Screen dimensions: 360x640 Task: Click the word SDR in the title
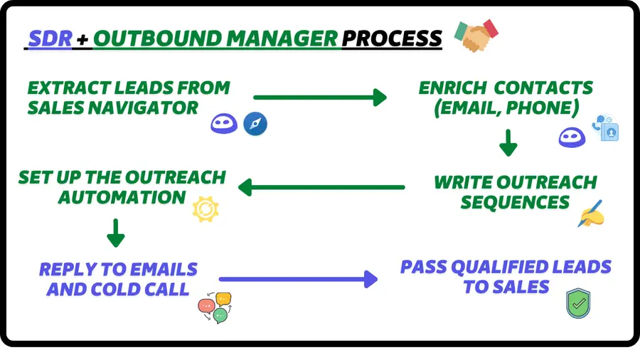[50, 38]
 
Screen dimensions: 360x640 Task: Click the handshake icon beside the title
[476, 35]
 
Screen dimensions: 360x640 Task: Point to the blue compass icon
[255, 124]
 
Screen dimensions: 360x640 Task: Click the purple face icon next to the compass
[223, 124]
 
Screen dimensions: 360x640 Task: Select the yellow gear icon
[206, 208]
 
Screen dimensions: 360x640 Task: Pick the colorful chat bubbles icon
[215, 307]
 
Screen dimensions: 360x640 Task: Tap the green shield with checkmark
[578, 304]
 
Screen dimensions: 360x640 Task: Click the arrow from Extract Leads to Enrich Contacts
[319, 97]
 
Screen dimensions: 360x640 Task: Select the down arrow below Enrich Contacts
[508, 142]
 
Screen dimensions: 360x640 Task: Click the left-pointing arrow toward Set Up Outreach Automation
[321, 188]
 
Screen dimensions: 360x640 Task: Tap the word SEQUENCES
[515, 202]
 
